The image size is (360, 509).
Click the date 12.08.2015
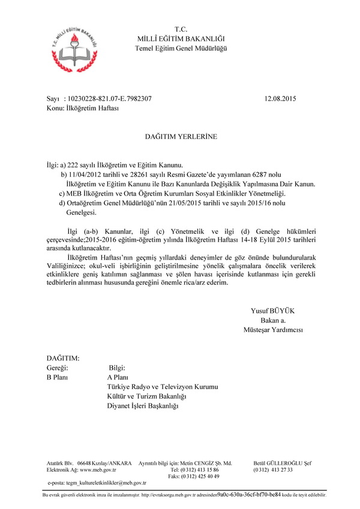coord(280,98)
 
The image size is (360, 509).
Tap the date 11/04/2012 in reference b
coord(88,173)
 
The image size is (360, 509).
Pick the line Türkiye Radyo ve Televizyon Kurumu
coord(162,387)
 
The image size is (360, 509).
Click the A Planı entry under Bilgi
coord(118,378)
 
